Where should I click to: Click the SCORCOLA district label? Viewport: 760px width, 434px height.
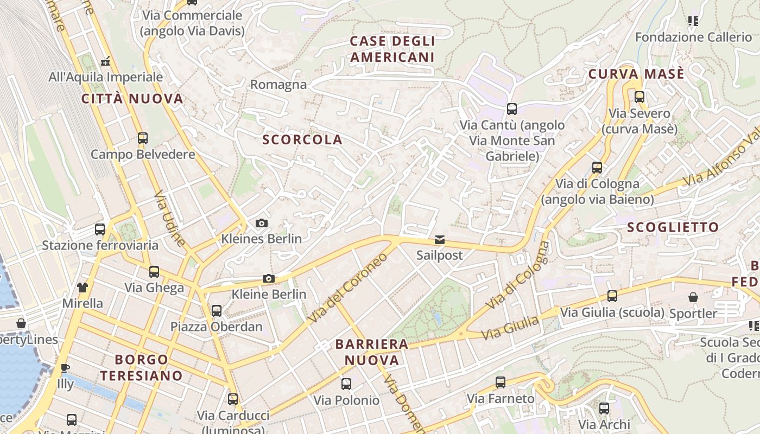click(302, 139)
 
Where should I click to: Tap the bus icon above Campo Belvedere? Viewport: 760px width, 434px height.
click(143, 138)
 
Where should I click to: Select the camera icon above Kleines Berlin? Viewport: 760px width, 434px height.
click(261, 223)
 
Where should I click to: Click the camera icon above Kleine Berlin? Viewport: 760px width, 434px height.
click(268, 279)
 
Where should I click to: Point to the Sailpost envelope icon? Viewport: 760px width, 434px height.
click(439, 240)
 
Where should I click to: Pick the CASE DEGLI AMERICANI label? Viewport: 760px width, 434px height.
click(392, 49)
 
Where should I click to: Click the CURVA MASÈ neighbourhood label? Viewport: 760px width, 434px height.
click(636, 74)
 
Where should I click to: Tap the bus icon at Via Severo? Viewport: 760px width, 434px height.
click(639, 97)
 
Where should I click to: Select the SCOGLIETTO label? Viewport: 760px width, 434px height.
click(673, 227)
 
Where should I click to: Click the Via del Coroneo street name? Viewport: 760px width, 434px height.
click(348, 288)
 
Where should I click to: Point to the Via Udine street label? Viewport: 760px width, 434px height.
click(170, 218)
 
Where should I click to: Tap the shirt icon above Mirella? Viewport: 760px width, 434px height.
click(82, 287)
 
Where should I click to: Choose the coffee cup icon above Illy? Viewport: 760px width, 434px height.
click(65, 368)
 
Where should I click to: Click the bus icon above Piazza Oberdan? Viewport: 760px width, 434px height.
click(217, 311)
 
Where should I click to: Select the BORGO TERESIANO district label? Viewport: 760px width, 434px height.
click(141, 367)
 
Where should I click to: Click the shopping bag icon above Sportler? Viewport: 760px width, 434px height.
click(693, 297)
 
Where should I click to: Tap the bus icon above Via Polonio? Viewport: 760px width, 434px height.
click(346, 384)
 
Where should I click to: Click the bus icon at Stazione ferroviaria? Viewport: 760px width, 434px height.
click(100, 229)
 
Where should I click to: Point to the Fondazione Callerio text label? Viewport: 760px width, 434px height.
click(693, 37)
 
